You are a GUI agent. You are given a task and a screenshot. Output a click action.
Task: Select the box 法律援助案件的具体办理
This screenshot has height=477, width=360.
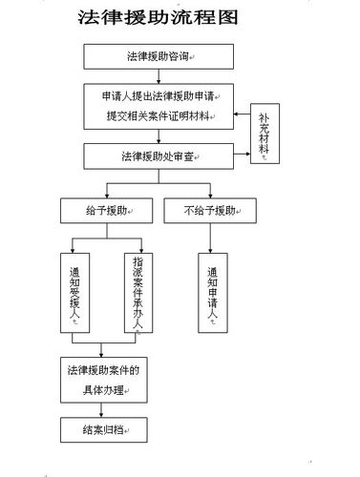(x=103, y=380)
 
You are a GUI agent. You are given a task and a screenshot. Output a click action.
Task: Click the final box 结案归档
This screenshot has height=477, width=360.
(x=103, y=430)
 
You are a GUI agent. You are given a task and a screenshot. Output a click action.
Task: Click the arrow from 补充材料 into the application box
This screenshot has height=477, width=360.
(x=239, y=113)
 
